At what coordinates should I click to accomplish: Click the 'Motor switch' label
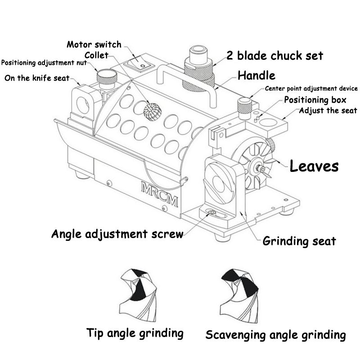pos(94,45)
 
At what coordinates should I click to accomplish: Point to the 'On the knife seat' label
pos(37,78)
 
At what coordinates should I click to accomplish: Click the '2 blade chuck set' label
pos(274,56)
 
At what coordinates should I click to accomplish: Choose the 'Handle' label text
pos(256,75)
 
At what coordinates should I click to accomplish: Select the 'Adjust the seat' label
pos(328,110)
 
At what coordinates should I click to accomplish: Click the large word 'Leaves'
pos(314,166)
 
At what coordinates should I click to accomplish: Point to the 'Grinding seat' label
pos(299,241)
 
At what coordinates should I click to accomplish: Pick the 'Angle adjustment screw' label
pos(117,234)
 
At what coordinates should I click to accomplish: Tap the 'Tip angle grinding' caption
pos(135,333)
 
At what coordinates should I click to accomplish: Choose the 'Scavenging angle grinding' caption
pos(275,335)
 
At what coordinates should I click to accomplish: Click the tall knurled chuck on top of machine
pos(198,67)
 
